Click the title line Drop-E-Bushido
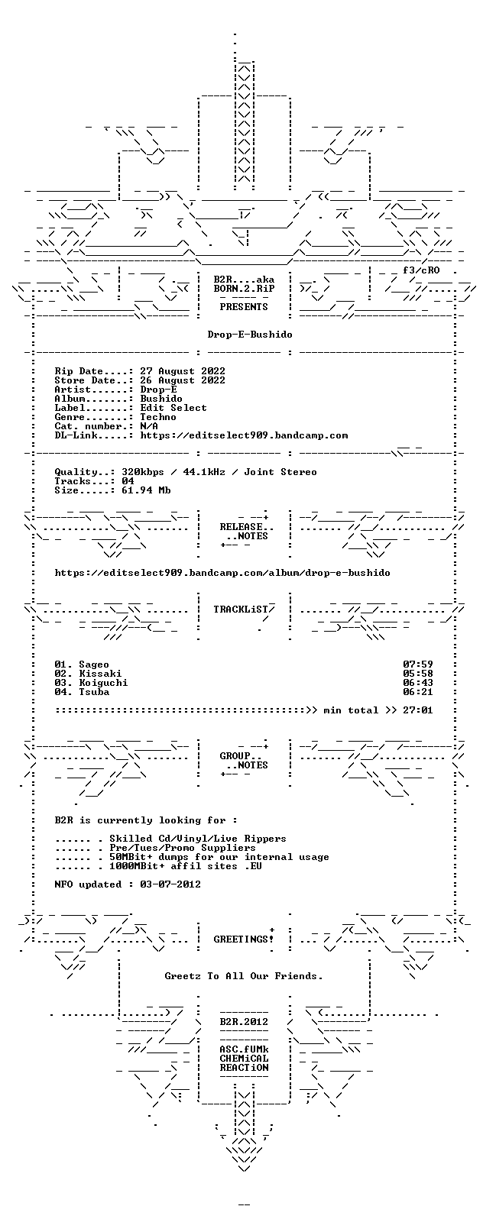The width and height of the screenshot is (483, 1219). pyautogui.click(x=249, y=334)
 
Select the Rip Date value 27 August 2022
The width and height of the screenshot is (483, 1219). pyautogui.click(x=183, y=371)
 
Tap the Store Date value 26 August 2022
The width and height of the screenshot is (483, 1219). pyautogui.click(x=183, y=380)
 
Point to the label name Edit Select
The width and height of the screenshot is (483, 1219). pyautogui.click(x=173, y=408)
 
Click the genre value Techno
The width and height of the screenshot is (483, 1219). pyautogui.click(x=158, y=417)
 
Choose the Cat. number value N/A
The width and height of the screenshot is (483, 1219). pyautogui.click(x=149, y=426)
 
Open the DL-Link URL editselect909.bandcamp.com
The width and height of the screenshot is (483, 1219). pyautogui.click(x=244, y=435)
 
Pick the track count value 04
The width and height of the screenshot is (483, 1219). pyautogui.click(x=128, y=481)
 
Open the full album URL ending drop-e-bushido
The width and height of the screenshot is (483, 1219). pyautogui.click(x=222, y=573)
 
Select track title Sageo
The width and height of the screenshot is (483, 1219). pyautogui.click(x=94, y=664)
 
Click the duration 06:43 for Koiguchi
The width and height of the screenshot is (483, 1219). pyautogui.click(x=417, y=683)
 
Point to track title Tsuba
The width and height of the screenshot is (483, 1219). pyautogui.click(x=94, y=692)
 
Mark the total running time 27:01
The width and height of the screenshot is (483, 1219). pyautogui.click(x=417, y=710)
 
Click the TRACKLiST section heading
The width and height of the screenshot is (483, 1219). pyautogui.click(x=243, y=609)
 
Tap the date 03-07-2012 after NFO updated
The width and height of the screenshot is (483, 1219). pyautogui.click(x=170, y=884)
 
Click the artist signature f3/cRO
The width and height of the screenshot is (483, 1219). pyautogui.click(x=421, y=270)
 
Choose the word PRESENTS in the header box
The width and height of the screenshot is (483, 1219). pyautogui.click(x=243, y=307)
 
